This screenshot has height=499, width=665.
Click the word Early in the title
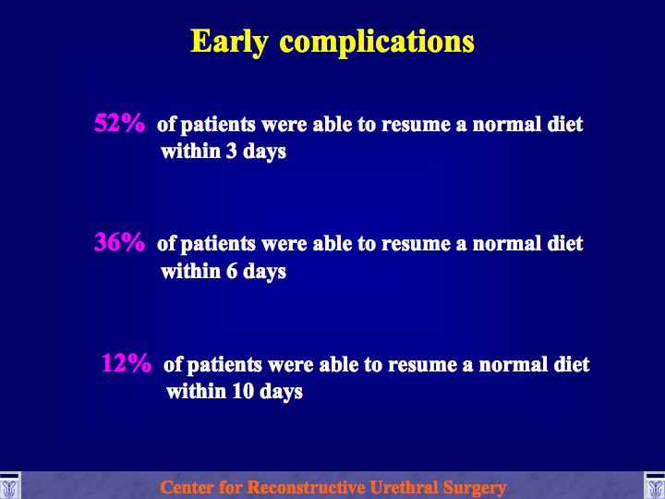(x=229, y=42)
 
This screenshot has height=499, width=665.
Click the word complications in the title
(x=377, y=43)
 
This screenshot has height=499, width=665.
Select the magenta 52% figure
(x=119, y=123)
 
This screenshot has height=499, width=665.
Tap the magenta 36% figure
(x=119, y=242)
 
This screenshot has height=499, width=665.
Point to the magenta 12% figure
(x=126, y=363)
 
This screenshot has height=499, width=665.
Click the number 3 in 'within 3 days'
(x=231, y=151)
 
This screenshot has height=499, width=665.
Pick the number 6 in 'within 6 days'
(x=231, y=271)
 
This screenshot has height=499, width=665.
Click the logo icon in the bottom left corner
(x=10, y=485)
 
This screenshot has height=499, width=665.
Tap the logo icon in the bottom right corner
(x=655, y=485)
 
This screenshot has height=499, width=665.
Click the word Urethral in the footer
(x=405, y=487)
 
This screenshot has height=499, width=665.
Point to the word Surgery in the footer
(x=475, y=488)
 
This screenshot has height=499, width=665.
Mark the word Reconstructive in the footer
(x=307, y=487)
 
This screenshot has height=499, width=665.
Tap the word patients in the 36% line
(x=218, y=245)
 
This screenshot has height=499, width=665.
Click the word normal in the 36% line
(x=506, y=244)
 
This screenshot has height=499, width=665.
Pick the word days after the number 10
(x=281, y=392)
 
